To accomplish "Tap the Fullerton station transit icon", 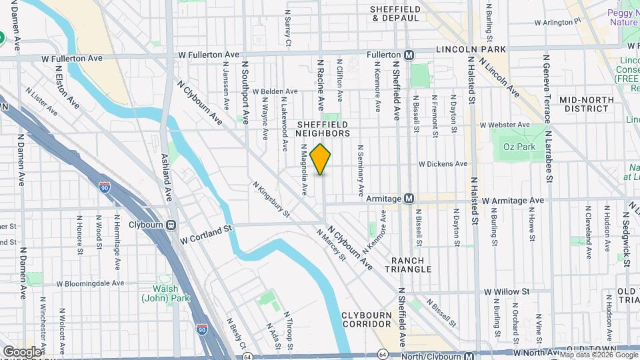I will coord(409,54).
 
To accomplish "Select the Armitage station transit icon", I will coord(409,199).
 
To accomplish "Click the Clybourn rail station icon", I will coord(171,225).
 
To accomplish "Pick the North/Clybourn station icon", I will coord(469,355).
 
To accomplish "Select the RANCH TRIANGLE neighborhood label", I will coord(411,264).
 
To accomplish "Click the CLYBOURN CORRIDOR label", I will coord(371,319).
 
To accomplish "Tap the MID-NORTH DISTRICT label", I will coord(586,104).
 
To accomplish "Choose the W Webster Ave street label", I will coord(505,125).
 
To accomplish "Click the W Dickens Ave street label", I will coord(443,163).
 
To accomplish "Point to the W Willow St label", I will coord(506,291).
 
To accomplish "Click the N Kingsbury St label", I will coord(271,199).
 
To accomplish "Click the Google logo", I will coord(22,351).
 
